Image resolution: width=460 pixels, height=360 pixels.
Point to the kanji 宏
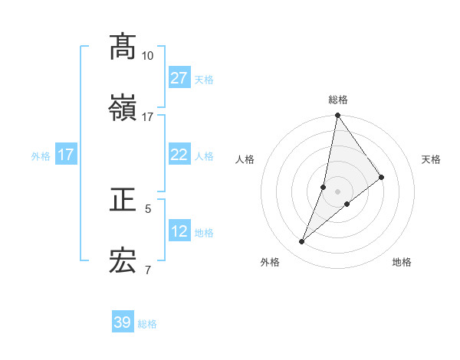pyautogui.click(x=123, y=261)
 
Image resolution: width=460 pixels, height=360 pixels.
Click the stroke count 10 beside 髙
pyautogui.click(x=147, y=55)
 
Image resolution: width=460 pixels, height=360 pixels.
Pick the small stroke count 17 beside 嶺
pyautogui.click(x=147, y=116)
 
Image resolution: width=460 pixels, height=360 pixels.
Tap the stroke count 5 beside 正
pyautogui.click(x=148, y=208)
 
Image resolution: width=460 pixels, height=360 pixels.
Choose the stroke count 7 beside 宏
pyautogui.click(x=148, y=270)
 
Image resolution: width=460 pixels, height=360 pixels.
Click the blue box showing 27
pyautogui.click(x=179, y=78)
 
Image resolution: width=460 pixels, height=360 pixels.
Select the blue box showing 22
pyautogui.click(x=179, y=155)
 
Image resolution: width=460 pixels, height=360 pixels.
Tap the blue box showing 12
pyautogui.click(x=179, y=231)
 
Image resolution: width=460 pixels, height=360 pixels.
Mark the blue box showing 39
pyautogui.click(x=123, y=322)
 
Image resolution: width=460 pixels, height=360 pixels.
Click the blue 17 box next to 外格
pyautogui.click(x=66, y=155)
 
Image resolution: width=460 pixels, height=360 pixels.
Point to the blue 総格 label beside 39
pyautogui.click(x=147, y=324)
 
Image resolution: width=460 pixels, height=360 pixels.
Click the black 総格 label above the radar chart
pyautogui.click(x=338, y=100)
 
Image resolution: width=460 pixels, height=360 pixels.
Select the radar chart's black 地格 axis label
pyautogui.click(x=402, y=262)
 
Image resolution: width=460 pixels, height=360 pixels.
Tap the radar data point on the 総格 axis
pyautogui.click(x=337, y=116)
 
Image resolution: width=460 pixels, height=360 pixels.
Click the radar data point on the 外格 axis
pyautogui.click(x=302, y=242)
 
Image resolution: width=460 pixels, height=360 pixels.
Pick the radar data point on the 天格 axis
pyautogui.click(x=381, y=178)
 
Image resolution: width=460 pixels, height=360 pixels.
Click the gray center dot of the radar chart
pyautogui.click(x=337, y=191)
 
